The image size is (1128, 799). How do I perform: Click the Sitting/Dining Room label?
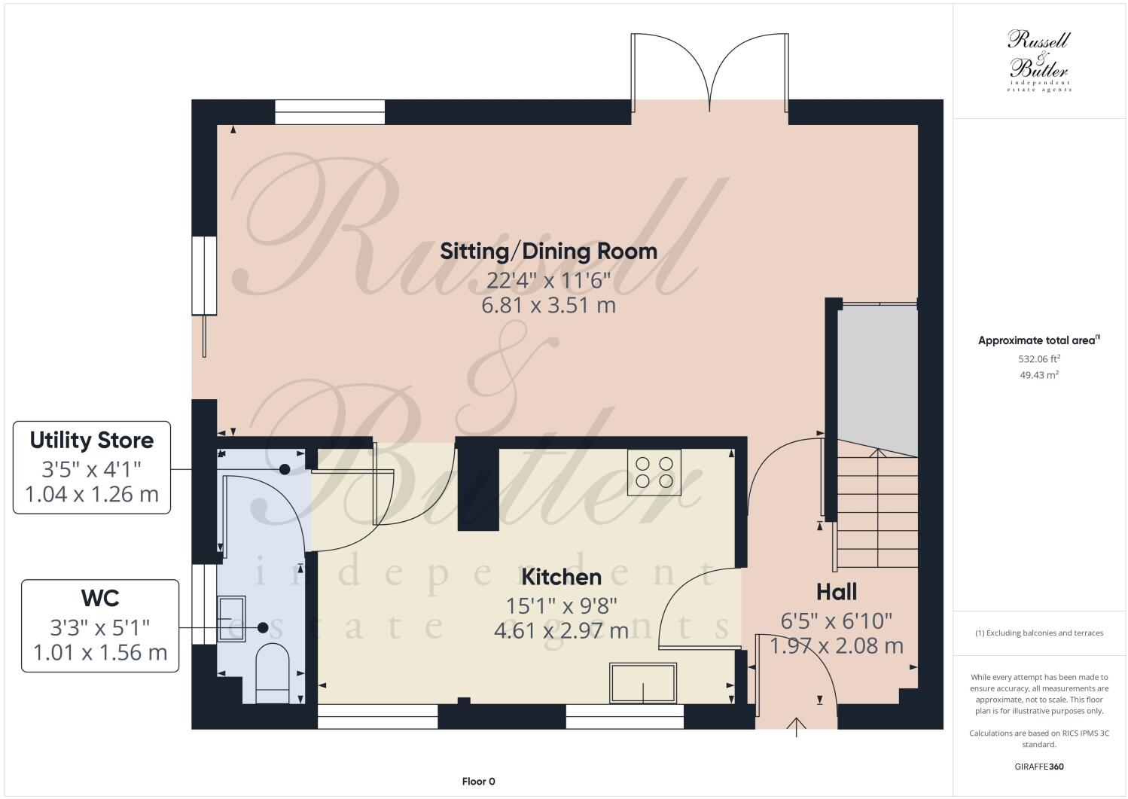548,251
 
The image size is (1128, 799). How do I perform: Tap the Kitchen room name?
561,577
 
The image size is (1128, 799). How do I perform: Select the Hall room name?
836,592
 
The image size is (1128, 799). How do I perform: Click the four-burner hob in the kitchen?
654,472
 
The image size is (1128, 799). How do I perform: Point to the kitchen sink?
643,683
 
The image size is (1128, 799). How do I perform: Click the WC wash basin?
230,618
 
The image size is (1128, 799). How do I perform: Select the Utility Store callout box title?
92,440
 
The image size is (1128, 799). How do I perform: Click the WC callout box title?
100,598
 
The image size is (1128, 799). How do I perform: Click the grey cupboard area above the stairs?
877,377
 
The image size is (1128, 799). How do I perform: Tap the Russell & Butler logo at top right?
1038,60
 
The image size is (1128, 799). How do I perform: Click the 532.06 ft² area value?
1039,359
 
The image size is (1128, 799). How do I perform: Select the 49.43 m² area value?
1039,374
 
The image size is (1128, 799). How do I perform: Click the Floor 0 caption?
478,781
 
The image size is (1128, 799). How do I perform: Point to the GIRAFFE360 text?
1039,767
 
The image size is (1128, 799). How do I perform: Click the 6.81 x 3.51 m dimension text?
548,306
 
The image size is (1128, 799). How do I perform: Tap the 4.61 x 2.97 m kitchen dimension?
561,630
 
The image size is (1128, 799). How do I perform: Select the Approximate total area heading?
1038,340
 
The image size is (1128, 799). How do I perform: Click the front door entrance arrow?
797,727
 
